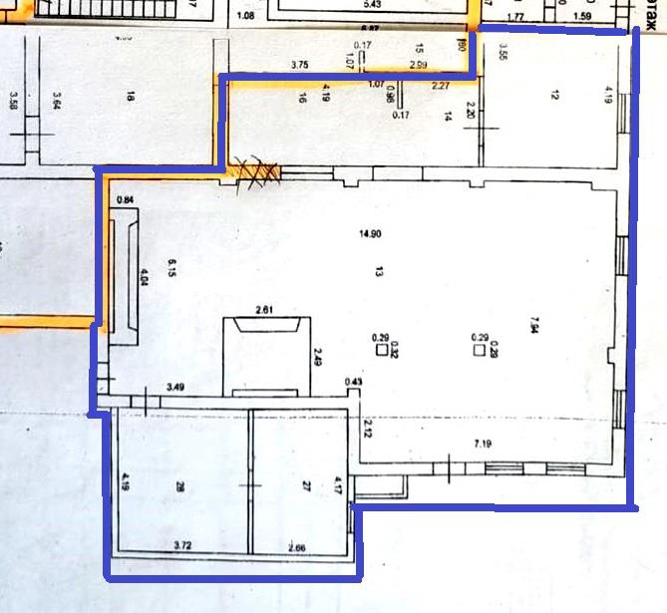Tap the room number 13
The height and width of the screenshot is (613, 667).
point(380,271)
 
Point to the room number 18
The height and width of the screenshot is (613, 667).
point(131,97)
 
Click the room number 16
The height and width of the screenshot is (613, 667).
point(300,98)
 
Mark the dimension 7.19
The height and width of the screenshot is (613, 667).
point(484,443)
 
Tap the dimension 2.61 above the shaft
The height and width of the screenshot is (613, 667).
point(265,311)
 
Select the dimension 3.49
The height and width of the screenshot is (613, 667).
point(175,386)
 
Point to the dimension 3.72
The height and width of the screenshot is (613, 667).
point(182,545)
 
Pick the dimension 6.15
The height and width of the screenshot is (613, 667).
point(171,269)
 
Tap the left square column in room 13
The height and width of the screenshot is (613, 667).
point(381,350)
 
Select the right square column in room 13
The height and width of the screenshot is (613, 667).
point(479,350)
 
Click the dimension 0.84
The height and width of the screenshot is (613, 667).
point(125,199)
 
